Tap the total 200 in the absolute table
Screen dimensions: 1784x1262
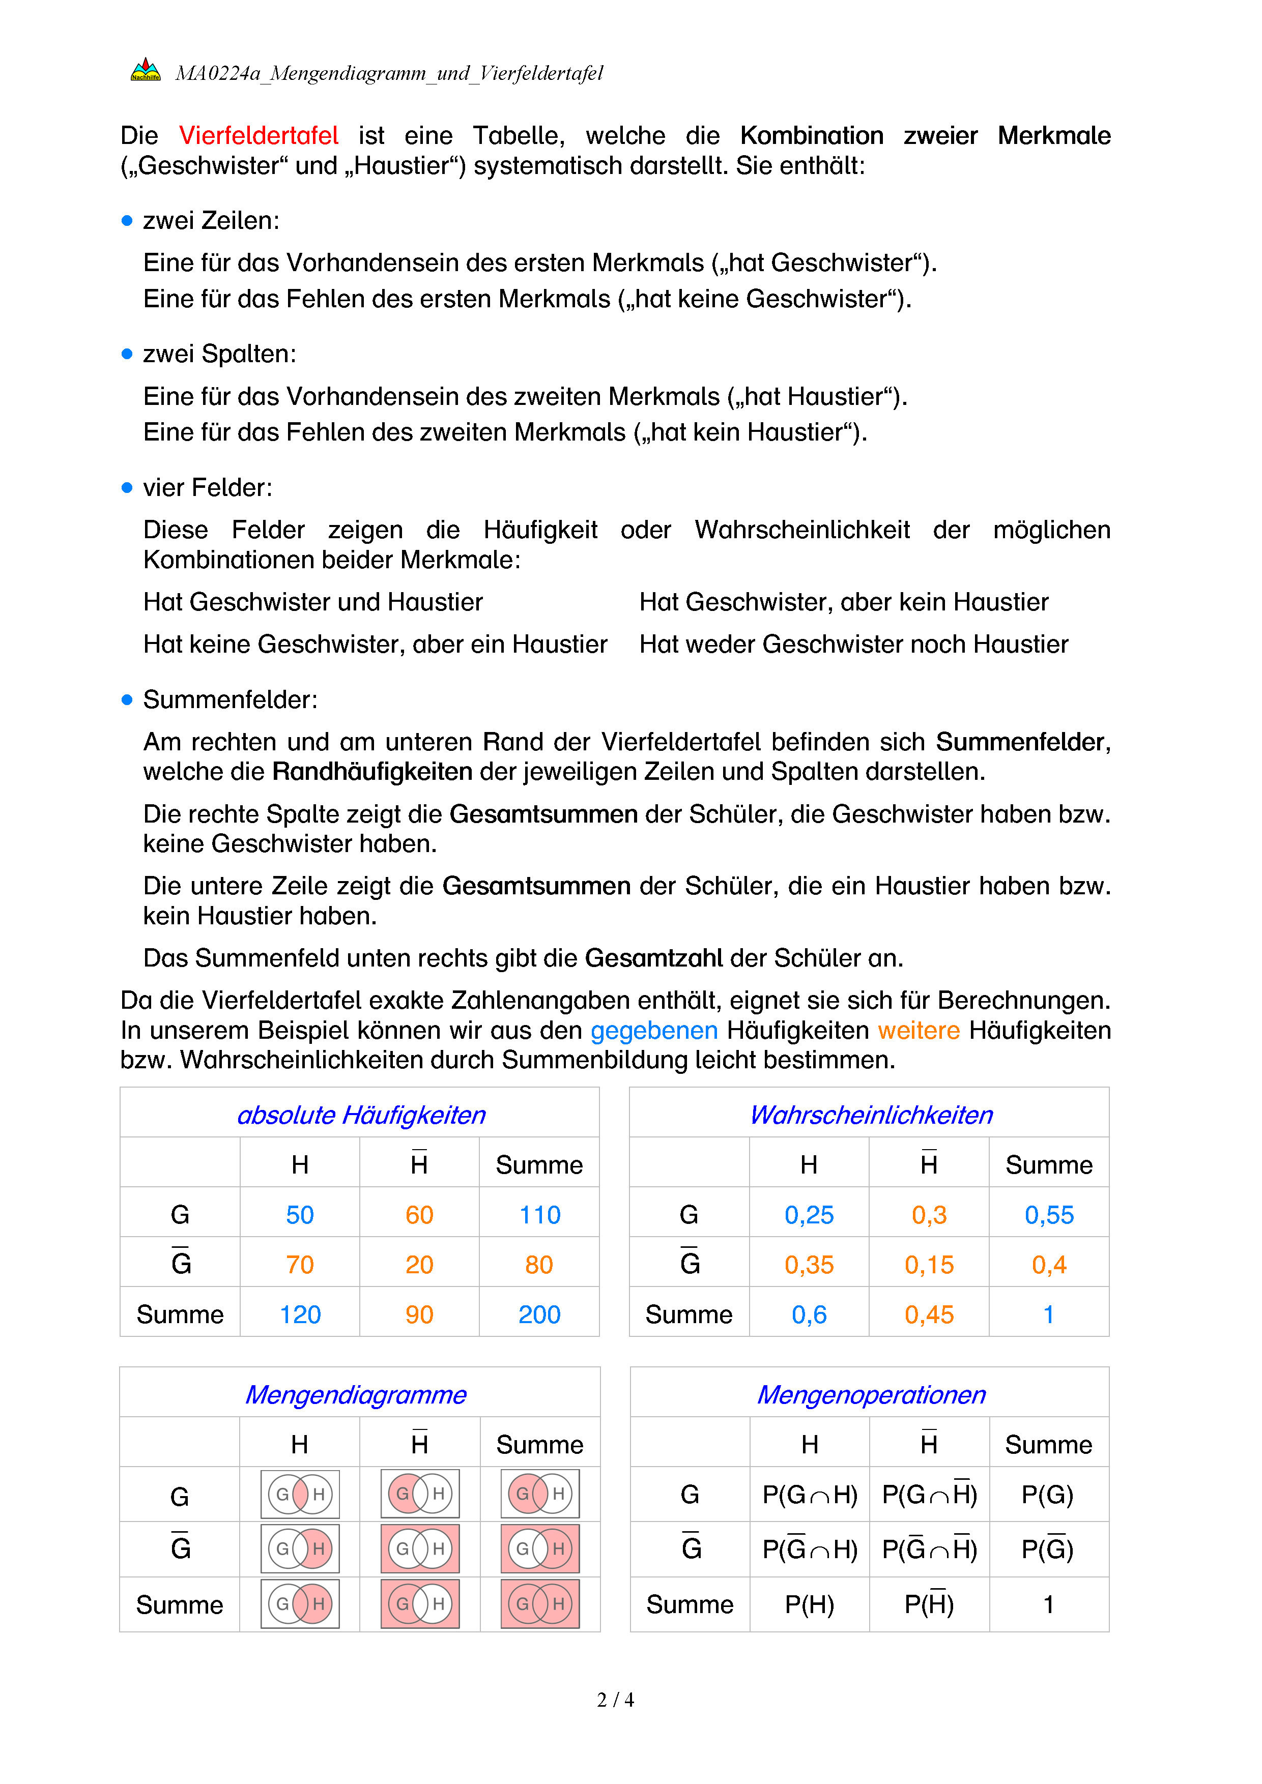[x=539, y=1314]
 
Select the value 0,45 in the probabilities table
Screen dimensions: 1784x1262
[x=929, y=1314]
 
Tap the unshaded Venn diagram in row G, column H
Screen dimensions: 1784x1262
[x=300, y=1494]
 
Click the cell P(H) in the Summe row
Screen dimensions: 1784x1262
[x=809, y=1604]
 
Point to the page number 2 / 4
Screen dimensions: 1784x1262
[x=615, y=1700]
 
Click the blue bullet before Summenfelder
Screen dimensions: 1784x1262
[x=127, y=699]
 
